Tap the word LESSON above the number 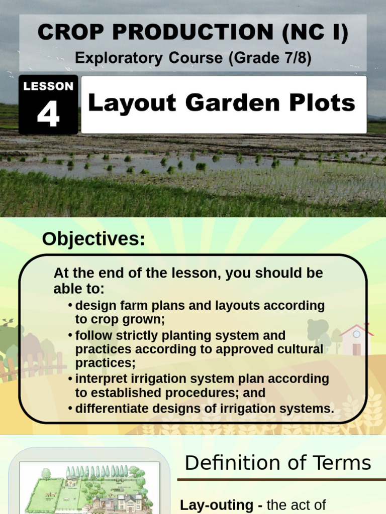click(48, 86)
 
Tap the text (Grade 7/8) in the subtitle click(269, 58)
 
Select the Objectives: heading click(93, 239)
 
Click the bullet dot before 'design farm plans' click(70, 306)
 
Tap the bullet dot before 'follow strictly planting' click(70, 335)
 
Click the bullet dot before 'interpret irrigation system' click(70, 379)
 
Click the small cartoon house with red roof click(356, 339)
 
